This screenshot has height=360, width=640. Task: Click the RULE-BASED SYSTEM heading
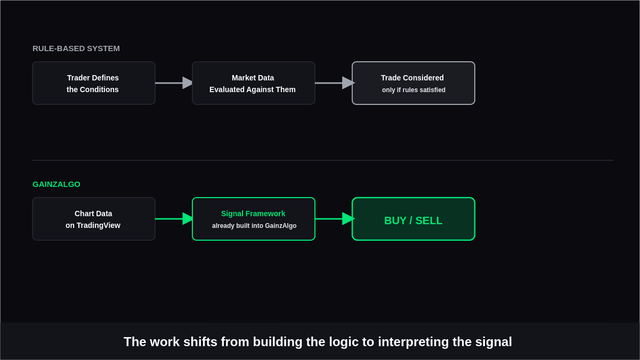click(76, 48)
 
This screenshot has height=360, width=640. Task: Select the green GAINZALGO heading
click(56, 184)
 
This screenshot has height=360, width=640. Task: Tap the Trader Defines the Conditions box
click(94, 83)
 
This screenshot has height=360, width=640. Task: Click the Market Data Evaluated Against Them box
click(254, 83)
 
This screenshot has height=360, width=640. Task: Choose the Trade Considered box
click(414, 83)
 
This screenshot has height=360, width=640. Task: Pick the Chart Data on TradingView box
click(94, 219)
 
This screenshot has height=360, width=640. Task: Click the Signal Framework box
click(254, 219)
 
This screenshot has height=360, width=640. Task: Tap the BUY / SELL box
click(414, 219)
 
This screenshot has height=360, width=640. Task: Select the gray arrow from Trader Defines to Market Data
click(174, 83)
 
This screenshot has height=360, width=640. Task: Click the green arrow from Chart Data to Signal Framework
click(174, 219)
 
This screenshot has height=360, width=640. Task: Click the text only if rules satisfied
click(414, 90)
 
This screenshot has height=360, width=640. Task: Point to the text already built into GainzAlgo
click(254, 226)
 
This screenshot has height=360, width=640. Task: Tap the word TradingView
click(98, 226)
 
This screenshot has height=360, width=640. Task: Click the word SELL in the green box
click(429, 220)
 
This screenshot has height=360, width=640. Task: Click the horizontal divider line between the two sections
click(323, 160)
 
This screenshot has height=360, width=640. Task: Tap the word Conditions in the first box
click(99, 89)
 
